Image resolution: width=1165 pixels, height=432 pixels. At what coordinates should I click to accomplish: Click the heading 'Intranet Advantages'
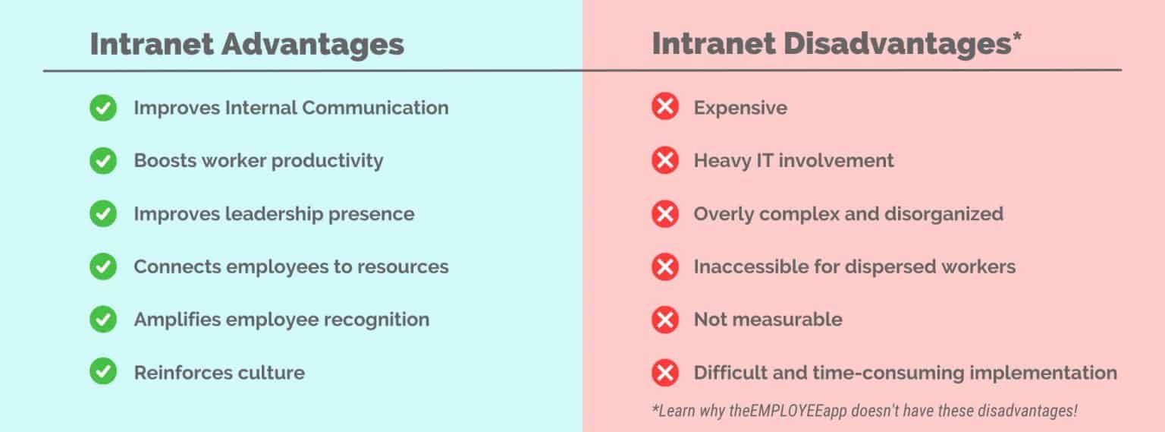click(x=247, y=44)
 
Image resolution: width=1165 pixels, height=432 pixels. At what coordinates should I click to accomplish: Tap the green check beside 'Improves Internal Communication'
click(x=103, y=108)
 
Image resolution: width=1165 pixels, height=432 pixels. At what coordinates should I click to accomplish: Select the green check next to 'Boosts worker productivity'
click(x=103, y=161)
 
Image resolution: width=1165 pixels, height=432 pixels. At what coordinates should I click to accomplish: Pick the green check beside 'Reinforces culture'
click(x=103, y=373)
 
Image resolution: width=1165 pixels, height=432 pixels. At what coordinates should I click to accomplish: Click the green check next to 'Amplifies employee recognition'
click(x=103, y=320)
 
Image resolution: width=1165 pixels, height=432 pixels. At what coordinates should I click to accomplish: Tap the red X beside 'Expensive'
click(x=665, y=108)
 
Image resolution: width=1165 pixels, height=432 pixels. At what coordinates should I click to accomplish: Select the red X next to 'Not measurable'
click(x=665, y=320)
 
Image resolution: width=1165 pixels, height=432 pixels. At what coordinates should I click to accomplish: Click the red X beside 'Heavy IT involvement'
click(x=665, y=161)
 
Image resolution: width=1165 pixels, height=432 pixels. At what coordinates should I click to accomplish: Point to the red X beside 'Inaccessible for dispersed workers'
click(x=665, y=266)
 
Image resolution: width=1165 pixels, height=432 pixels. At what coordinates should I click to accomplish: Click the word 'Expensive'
click(x=740, y=108)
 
